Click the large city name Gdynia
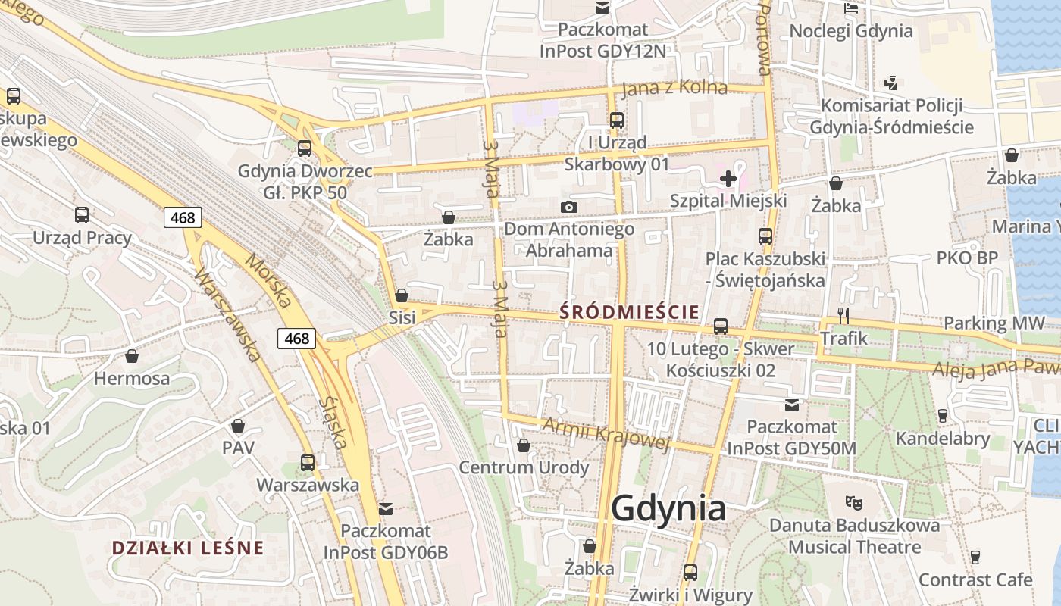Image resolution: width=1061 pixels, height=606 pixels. (x=668, y=508)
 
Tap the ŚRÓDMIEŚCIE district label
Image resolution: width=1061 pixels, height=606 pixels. (x=628, y=311)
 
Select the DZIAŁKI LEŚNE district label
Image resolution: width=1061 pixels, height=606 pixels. (x=188, y=548)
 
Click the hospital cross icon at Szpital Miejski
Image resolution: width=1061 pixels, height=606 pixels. (x=728, y=179)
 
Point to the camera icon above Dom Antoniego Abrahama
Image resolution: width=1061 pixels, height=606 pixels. (x=568, y=207)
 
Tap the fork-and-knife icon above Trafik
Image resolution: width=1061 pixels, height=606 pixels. (x=843, y=315)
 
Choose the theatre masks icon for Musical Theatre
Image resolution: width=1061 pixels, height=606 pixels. (x=854, y=501)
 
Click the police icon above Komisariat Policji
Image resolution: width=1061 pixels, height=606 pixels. (x=891, y=83)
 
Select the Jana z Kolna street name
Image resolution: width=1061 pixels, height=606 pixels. (x=674, y=89)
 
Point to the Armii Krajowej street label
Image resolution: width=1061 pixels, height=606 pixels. (x=606, y=434)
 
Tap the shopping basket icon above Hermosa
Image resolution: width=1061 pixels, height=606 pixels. (x=132, y=356)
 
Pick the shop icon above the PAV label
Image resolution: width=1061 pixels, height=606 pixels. (x=238, y=426)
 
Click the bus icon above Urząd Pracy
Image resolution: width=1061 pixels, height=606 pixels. (x=82, y=215)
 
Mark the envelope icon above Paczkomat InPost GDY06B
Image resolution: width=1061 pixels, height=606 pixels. (x=386, y=508)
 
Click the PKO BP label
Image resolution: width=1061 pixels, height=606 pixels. (x=967, y=258)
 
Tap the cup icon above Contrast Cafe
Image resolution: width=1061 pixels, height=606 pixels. (x=975, y=558)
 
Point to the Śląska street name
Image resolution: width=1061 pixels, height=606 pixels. (x=333, y=422)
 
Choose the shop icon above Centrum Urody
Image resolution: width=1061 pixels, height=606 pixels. (x=523, y=445)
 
